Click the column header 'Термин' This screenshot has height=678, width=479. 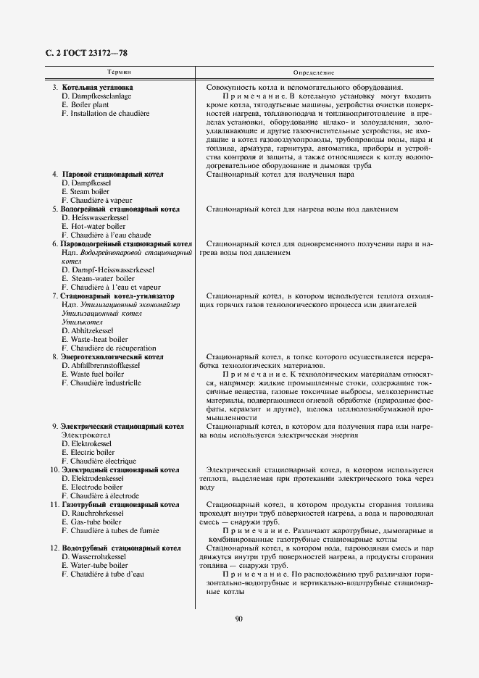click(x=119, y=74)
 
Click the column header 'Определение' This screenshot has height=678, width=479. click(x=313, y=74)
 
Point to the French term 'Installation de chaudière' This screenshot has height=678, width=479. click(x=105, y=113)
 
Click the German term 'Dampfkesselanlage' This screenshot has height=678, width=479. click(x=96, y=96)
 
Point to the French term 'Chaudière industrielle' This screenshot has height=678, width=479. click(x=101, y=382)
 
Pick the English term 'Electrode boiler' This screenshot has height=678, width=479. click(x=91, y=487)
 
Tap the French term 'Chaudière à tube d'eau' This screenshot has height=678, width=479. click(x=103, y=574)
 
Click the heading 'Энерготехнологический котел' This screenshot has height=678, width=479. click(x=112, y=356)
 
